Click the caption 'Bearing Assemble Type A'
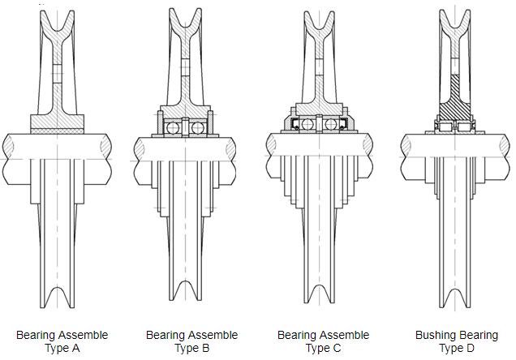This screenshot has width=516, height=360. (62, 341)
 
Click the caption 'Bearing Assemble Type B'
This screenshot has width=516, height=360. (191, 341)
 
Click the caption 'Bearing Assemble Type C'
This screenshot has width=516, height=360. (323, 341)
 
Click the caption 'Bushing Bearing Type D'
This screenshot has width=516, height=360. (457, 341)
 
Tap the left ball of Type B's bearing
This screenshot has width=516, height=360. (172, 128)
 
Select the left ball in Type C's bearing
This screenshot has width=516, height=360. (307, 124)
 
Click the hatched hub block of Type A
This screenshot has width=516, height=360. (57, 122)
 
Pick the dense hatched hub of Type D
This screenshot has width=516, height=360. (457, 101)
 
